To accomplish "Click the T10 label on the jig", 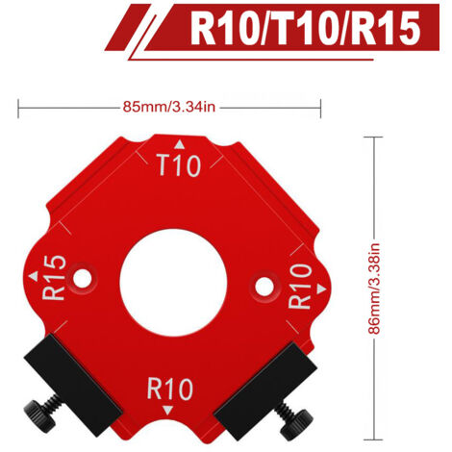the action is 180,165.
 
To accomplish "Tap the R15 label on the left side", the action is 54,278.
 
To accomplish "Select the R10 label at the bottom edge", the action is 170,389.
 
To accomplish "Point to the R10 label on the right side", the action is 300,287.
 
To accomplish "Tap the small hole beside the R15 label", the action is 82,278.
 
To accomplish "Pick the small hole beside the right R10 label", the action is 264,287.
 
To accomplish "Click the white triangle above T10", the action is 180,144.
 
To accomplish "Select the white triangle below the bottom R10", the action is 167,411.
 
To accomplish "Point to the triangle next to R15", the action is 34,276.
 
